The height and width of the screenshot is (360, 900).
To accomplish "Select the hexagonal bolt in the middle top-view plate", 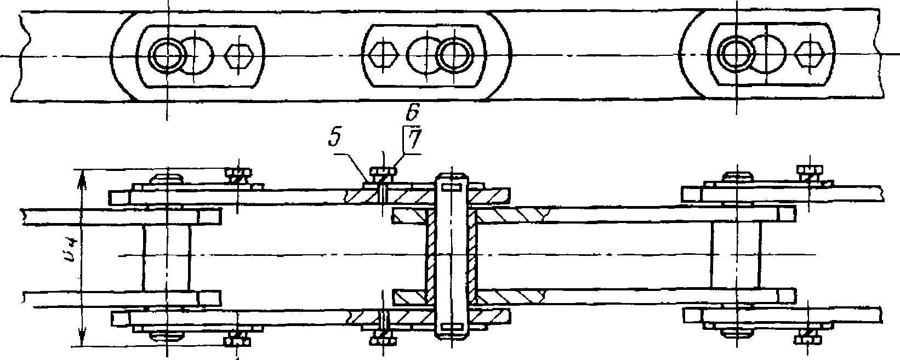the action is (x=384, y=55).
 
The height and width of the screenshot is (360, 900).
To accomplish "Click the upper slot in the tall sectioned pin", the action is (x=450, y=188).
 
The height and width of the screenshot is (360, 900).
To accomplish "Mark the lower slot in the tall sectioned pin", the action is (x=450, y=327).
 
